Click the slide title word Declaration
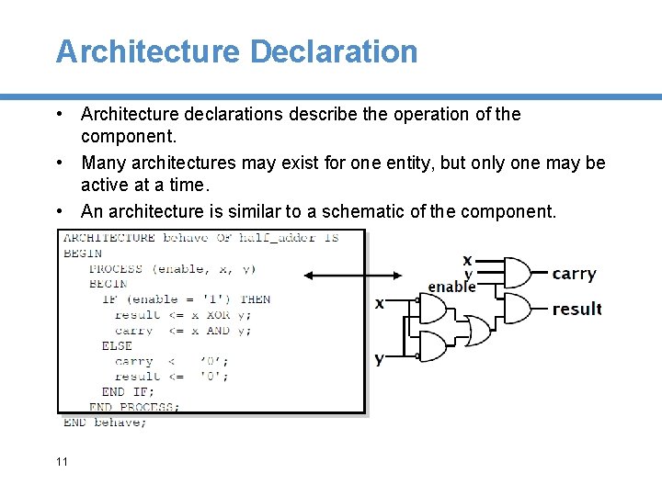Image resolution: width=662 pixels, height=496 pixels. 334,51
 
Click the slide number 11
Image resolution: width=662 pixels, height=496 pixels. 62,461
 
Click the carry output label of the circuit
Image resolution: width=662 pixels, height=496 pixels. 574,274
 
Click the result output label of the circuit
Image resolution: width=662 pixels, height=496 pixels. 576,309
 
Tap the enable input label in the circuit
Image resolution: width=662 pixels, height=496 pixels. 451,287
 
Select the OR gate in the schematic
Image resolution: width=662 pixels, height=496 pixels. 477,329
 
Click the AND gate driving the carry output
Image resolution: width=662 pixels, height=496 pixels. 517,273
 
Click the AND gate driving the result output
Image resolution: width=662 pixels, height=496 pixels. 517,308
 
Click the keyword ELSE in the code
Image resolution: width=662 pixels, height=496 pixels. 117,345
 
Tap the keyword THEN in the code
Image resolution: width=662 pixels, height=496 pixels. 255,299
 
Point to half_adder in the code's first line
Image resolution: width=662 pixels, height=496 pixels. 277,237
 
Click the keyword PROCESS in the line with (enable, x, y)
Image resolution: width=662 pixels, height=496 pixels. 116,268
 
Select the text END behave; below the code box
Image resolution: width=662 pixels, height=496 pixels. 105,422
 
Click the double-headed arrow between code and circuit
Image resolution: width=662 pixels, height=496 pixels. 352,275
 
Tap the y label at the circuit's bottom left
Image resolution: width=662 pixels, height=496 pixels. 379,358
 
